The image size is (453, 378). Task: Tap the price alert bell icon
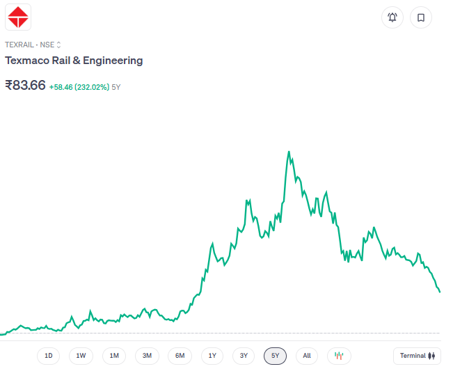(392, 17)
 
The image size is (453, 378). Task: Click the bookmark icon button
(421, 17)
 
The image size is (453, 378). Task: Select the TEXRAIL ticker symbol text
(20, 45)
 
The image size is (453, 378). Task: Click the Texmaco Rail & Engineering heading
(74, 61)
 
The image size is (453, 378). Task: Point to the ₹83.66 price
(25, 86)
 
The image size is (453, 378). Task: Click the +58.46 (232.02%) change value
(79, 87)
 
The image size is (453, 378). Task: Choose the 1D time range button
(49, 356)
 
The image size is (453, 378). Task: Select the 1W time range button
(81, 356)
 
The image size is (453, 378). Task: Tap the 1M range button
(114, 356)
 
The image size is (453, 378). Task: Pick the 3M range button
(147, 356)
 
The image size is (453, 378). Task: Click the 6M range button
(180, 356)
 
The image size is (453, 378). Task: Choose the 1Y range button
(212, 356)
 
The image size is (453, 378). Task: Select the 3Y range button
(244, 356)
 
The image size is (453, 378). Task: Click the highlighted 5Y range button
(276, 356)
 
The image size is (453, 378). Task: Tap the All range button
(307, 356)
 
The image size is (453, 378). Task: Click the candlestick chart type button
(339, 356)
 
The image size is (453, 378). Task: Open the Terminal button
(417, 356)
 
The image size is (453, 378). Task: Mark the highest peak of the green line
(288, 151)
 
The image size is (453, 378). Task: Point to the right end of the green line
(440, 292)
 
